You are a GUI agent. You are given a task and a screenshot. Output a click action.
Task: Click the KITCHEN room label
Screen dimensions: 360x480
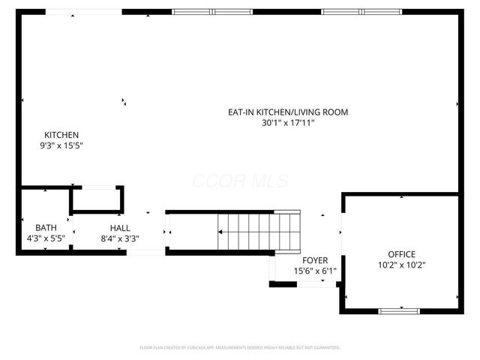61,135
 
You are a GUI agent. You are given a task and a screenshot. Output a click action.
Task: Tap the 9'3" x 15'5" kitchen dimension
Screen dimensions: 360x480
61,145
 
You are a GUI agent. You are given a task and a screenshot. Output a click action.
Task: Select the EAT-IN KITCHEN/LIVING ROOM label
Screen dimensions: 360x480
288,112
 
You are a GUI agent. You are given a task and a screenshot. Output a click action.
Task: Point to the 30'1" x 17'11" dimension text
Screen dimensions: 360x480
288,123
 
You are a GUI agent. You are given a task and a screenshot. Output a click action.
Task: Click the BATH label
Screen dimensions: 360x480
46,228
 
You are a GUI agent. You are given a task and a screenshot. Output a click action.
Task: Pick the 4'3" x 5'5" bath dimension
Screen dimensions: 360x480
46,238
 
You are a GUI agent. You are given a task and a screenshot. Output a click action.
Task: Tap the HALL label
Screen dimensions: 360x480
119,228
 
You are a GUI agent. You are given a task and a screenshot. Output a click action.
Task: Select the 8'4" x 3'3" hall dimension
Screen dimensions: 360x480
119,238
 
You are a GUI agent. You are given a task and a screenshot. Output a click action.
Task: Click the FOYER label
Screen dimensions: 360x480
315,260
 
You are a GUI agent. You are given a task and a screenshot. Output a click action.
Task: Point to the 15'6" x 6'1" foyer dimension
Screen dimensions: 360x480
315,271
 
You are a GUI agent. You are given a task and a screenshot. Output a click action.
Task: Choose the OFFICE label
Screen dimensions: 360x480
401,254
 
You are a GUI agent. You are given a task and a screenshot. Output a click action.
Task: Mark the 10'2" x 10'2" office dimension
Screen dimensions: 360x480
401,265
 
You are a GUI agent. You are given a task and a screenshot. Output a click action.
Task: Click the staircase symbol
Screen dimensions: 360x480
259,231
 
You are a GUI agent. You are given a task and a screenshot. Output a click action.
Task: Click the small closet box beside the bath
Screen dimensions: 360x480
97,200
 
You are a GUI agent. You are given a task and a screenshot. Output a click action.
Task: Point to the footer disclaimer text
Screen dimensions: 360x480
240,348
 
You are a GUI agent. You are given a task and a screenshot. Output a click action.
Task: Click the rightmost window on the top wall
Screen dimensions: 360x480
363,12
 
